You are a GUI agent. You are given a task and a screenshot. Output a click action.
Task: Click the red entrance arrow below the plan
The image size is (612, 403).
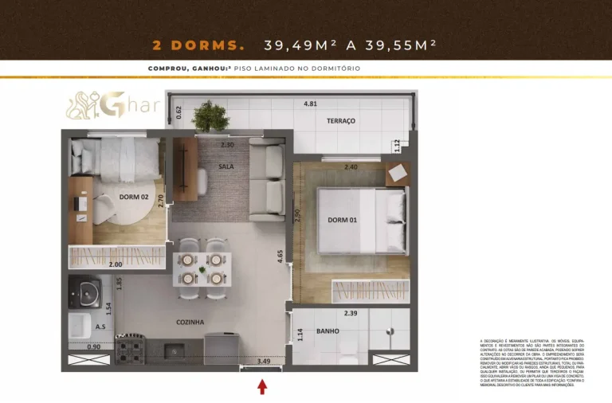[262, 387]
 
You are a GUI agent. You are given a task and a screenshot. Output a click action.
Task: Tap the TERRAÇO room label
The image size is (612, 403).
[340, 121]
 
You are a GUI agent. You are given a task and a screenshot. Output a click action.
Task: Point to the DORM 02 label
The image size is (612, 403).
[135, 197]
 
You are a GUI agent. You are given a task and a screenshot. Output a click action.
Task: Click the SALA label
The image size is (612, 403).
[226, 166]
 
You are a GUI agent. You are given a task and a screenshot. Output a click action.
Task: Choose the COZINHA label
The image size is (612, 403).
[190, 322]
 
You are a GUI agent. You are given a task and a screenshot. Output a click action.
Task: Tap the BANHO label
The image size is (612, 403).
[328, 331]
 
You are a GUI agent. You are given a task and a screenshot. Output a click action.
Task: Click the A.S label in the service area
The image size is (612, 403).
[100, 327]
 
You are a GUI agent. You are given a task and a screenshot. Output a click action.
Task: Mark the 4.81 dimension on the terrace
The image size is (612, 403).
[310, 104]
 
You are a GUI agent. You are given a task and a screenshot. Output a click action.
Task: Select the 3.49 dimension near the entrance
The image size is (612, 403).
[264, 362]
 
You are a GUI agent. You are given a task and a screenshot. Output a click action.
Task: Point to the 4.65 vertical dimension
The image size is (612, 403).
[280, 257]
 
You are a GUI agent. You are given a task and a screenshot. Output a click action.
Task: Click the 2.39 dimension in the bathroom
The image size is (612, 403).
[350, 313]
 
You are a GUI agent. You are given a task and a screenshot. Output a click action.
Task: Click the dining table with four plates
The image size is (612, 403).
[202, 269]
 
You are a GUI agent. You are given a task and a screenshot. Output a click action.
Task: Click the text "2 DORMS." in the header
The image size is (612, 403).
[198, 45]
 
